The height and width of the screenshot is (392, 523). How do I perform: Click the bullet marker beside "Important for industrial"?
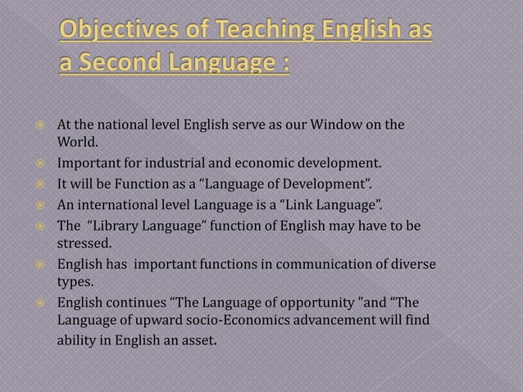tap(38, 163)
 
